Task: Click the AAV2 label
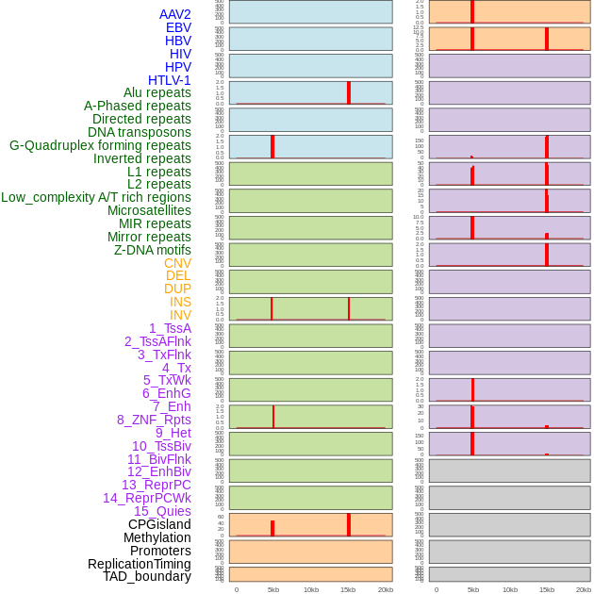(175, 14)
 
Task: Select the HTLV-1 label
(170, 80)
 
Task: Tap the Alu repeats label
(157, 92)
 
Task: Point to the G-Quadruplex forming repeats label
(100, 145)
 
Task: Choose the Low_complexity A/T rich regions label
(96, 197)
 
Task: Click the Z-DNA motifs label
(153, 250)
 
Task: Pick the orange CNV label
(177, 263)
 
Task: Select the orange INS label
(180, 302)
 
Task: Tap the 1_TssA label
(170, 328)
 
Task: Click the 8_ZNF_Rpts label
(154, 420)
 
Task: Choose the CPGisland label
(159, 524)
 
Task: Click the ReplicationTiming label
(140, 564)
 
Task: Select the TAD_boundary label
(147, 576)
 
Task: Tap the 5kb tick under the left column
(273, 589)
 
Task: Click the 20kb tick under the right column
(584, 589)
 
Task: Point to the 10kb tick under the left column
(310, 589)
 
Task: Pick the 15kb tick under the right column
(547, 589)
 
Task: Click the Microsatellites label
(149, 210)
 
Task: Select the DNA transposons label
(140, 132)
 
